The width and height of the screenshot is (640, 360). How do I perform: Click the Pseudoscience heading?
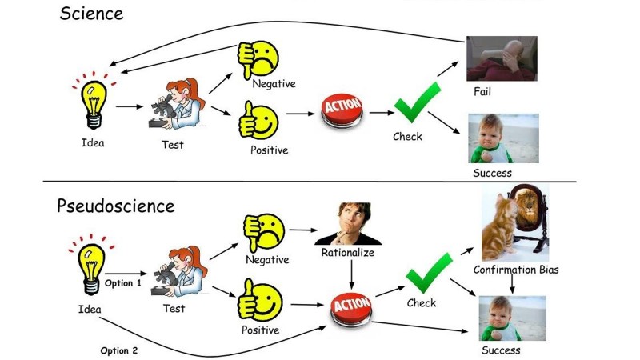[x=115, y=206]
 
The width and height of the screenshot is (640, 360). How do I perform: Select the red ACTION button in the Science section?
[x=342, y=110]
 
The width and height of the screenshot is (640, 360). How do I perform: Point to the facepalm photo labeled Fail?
[x=502, y=58]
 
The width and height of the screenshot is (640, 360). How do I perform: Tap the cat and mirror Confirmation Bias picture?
[x=514, y=223]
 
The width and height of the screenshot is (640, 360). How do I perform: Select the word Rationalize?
[x=348, y=253]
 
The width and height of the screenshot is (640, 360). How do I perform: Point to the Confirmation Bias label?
[x=516, y=270]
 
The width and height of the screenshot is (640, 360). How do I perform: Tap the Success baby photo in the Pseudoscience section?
[x=512, y=318]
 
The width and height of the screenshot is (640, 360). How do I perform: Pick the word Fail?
[x=482, y=92]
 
